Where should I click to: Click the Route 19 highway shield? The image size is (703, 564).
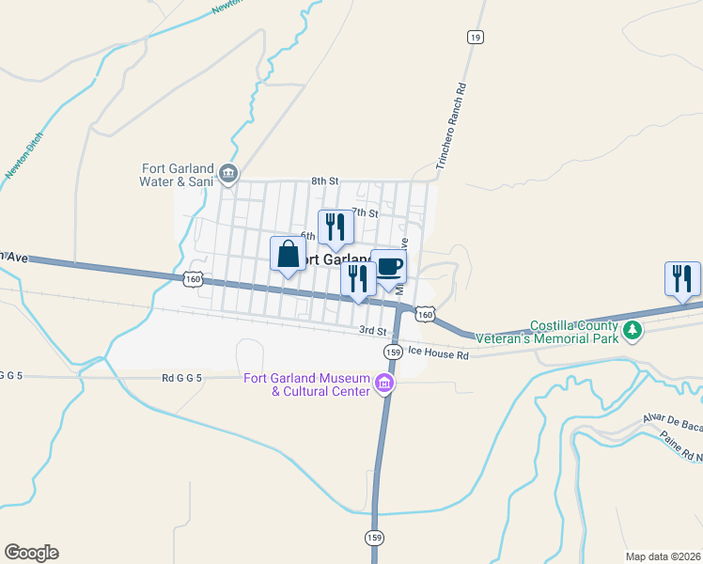pos(475,37)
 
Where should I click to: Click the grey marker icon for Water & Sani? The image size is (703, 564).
pos(228,173)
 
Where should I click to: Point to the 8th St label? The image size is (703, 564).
pos(324,180)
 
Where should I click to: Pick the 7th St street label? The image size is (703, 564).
pos(365,212)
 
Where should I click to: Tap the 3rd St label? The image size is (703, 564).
pos(373,331)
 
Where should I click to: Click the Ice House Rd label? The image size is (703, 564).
pos(439,355)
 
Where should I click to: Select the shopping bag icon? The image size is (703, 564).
pos(288,255)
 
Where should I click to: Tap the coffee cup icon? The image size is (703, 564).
pos(389,265)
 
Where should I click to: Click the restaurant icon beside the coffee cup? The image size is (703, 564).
pos(358,279)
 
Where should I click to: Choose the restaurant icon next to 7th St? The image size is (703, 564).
pos(335,227)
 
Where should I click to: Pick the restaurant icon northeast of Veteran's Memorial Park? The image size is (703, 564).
pos(682,279)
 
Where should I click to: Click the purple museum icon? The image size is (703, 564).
pos(383,383)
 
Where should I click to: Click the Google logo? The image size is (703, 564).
pos(31,553)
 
